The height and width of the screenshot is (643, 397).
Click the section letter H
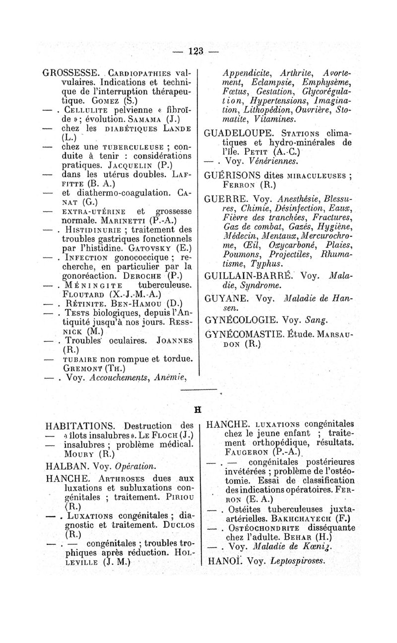coord(198,410)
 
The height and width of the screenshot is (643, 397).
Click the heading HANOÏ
coord(222,561)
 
